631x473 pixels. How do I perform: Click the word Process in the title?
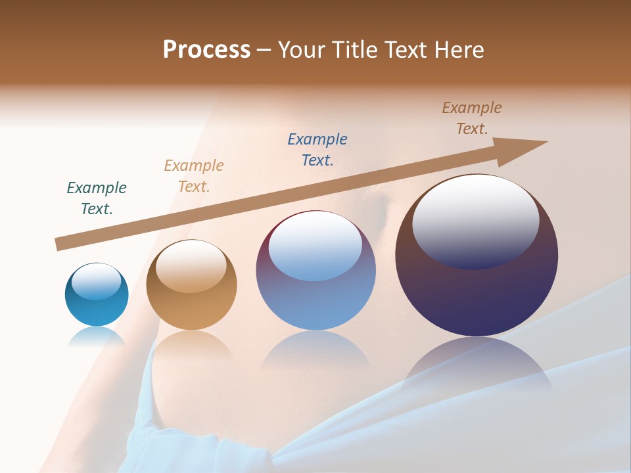click(x=206, y=50)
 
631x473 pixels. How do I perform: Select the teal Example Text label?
click(x=97, y=198)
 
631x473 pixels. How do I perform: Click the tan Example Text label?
click(x=194, y=175)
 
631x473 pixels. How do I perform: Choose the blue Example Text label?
click(x=317, y=149)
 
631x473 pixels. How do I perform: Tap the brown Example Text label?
click(x=472, y=118)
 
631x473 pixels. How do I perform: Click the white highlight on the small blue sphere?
click(x=96, y=282)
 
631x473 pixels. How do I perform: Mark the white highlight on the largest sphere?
click(x=476, y=220)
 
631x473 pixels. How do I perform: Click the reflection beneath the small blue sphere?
click(x=97, y=336)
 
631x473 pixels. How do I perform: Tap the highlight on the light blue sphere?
click(x=315, y=244)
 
